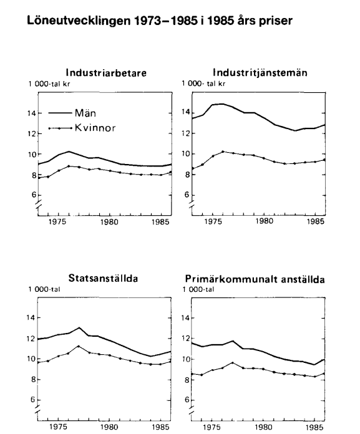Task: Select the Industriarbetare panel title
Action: [x=106, y=72]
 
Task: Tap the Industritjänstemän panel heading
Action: [x=260, y=72]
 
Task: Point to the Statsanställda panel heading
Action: [x=103, y=278]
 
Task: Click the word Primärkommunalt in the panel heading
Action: [x=231, y=279]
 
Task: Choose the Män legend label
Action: [x=85, y=113]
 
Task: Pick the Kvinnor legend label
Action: [x=95, y=128]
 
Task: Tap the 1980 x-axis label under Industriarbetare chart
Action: [x=109, y=222]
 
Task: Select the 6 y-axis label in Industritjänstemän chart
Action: [x=186, y=195]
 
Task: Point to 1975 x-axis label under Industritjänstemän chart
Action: [x=213, y=221]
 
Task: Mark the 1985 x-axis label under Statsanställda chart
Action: [x=160, y=427]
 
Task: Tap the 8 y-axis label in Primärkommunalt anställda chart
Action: [x=187, y=380]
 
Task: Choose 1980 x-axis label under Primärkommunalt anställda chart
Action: [x=263, y=427]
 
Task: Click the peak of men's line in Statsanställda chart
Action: [x=79, y=328]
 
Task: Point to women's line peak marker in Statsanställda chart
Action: [x=79, y=346]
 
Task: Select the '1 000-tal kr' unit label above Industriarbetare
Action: [x=49, y=84]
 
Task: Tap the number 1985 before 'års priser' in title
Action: [x=220, y=21]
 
